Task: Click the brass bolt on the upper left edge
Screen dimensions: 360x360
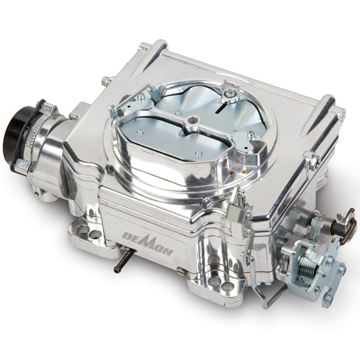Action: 107,79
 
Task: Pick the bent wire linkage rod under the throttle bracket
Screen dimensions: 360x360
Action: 264,294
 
